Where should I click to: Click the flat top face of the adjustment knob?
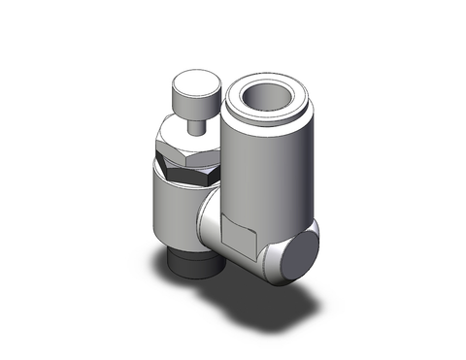point(186,83)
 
